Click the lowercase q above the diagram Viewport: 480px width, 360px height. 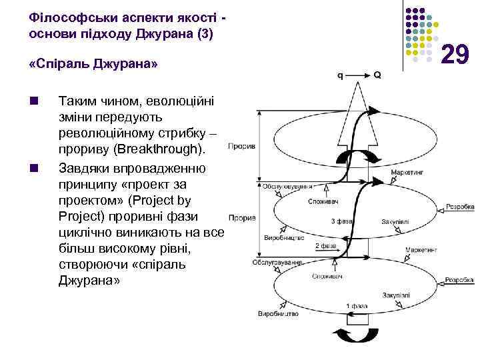[341, 75]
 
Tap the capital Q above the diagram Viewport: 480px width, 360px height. [377, 75]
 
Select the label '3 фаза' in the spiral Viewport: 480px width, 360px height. [341, 221]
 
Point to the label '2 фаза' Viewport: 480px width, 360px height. [325, 246]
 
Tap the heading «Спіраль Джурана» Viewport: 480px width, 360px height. [93, 65]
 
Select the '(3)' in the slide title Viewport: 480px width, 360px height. [201, 31]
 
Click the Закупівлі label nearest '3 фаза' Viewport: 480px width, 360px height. [395, 222]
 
